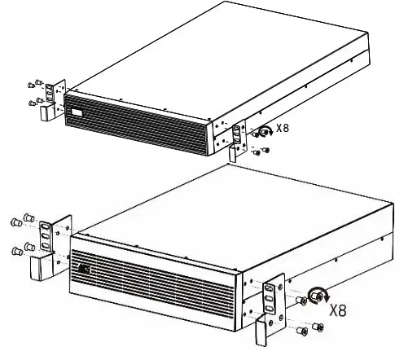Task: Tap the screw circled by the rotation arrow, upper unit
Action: click(265, 130)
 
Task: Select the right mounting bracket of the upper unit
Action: click(238, 135)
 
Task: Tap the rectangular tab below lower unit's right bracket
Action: click(262, 330)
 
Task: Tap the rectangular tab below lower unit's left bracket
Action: click(37, 267)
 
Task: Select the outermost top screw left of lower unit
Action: click(15, 220)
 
